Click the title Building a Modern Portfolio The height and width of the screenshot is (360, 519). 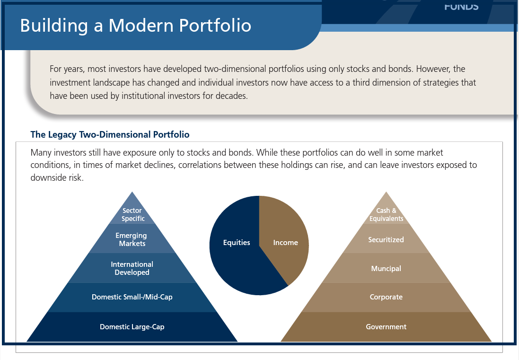tap(135, 25)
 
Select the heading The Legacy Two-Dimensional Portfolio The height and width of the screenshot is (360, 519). tap(110, 134)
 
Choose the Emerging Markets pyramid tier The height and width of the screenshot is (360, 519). tap(132, 239)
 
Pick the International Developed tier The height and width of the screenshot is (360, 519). tap(132, 268)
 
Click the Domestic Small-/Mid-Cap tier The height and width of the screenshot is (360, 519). tap(132, 297)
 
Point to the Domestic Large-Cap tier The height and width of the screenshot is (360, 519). tap(132, 326)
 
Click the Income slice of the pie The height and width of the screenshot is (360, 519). tap(285, 243)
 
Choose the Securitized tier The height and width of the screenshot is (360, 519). tap(386, 239)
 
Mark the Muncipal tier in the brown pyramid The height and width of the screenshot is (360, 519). tap(386, 268)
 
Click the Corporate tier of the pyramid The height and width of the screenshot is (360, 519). tap(386, 297)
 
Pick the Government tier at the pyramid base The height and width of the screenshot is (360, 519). tap(386, 326)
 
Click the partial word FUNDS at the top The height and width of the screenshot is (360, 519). tap(461, 6)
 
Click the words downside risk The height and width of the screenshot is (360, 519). tap(57, 178)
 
